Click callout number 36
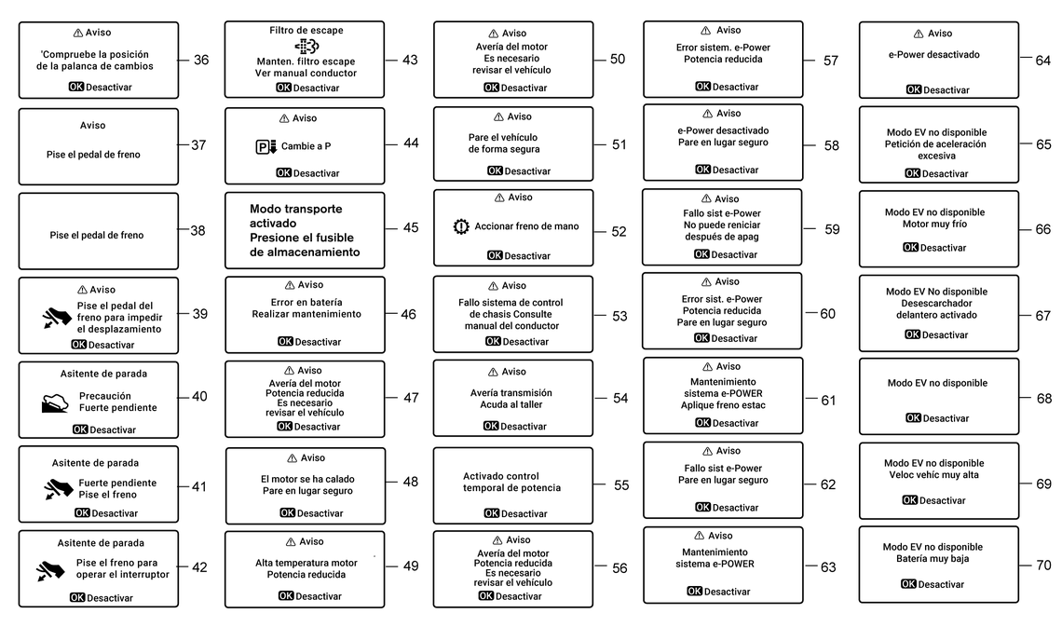click(201, 61)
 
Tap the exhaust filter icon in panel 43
click(306, 47)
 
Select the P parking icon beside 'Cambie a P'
click(265, 146)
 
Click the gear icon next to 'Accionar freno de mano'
click(460, 226)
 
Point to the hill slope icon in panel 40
click(55, 402)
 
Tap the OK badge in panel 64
click(913, 90)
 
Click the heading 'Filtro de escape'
click(306, 31)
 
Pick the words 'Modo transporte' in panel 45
click(295, 209)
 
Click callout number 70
click(1043, 565)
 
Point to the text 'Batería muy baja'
click(933, 559)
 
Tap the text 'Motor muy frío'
click(933, 224)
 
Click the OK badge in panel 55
click(492, 513)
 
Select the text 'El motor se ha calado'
click(307, 479)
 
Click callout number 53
click(619, 316)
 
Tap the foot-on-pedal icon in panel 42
click(50, 570)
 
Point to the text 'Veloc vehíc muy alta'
click(933, 475)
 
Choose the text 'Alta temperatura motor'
click(306, 563)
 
